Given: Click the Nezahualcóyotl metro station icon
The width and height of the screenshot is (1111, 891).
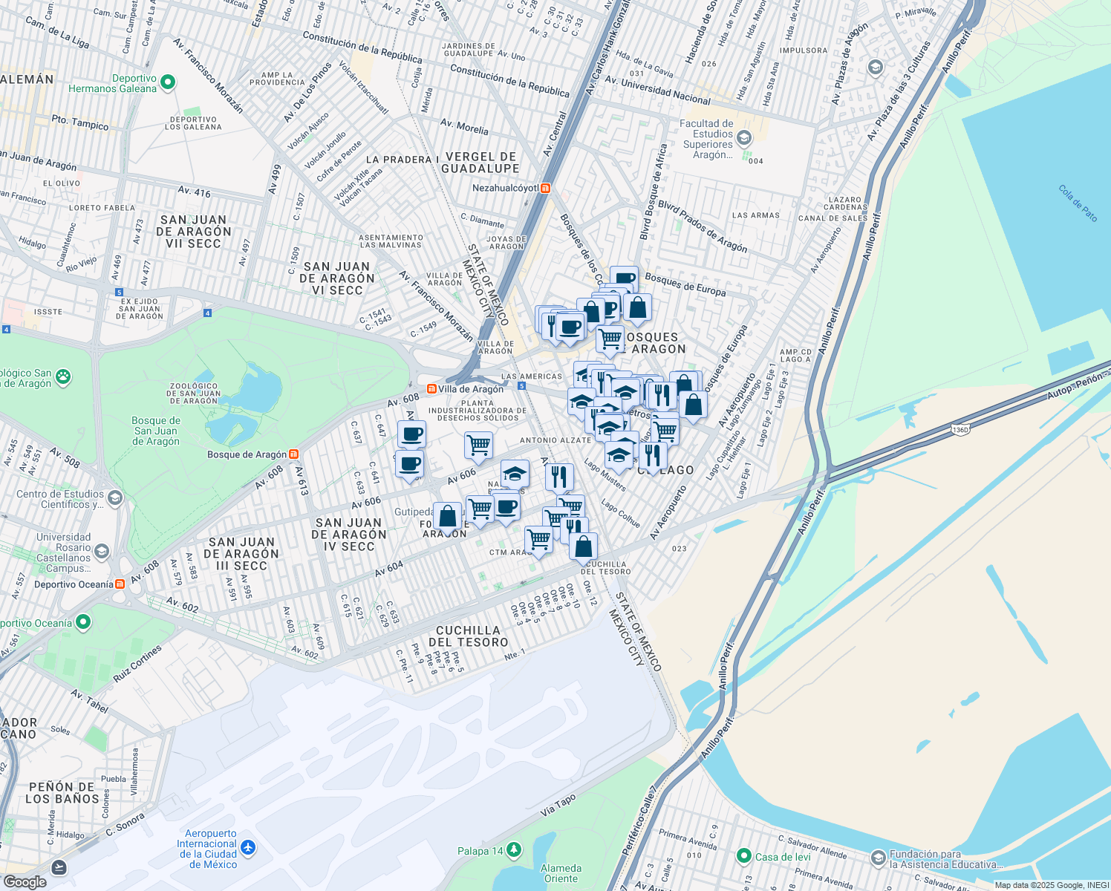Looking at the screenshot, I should click(x=546, y=189).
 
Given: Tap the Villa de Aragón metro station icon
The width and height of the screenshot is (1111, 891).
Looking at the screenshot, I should click(x=431, y=389).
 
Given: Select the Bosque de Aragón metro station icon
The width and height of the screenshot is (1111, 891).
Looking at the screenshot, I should click(x=294, y=454).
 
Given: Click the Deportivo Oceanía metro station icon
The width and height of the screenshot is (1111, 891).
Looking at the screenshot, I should click(x=120, y=584).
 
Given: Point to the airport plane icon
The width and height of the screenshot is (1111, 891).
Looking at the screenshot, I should click(x=247, y=847).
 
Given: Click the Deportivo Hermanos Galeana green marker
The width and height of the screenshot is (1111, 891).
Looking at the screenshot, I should click(x=168, y=82).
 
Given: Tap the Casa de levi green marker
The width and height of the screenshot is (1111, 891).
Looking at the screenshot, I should click(x=743, y=857).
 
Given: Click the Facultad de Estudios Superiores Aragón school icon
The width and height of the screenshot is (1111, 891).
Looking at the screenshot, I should click(x=744, y=138).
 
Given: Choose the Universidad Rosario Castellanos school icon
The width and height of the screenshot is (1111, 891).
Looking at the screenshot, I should click(x=102, y=552).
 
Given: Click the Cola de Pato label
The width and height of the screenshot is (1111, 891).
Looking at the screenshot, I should click(x=1078, y=203).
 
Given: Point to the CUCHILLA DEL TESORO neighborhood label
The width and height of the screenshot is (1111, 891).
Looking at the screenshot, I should click(x=468, y=636).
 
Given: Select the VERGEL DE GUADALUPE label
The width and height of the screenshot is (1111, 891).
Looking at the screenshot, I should click(x=480, y=163).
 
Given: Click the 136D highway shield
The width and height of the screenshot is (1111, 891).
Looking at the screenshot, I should click(x=960, y=429).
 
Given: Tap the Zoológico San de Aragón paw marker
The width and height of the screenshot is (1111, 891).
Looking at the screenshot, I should click(x=63, y=376).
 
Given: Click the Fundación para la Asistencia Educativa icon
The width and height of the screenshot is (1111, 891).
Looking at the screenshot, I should click(x=878, y=858).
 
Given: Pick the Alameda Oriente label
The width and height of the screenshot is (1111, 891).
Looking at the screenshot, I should click(x=561, y=873).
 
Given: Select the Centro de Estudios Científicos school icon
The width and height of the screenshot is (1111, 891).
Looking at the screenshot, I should click(x=114, y=497).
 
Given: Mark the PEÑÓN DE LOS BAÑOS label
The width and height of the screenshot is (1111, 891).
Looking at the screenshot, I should click(x=62, y=793).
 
